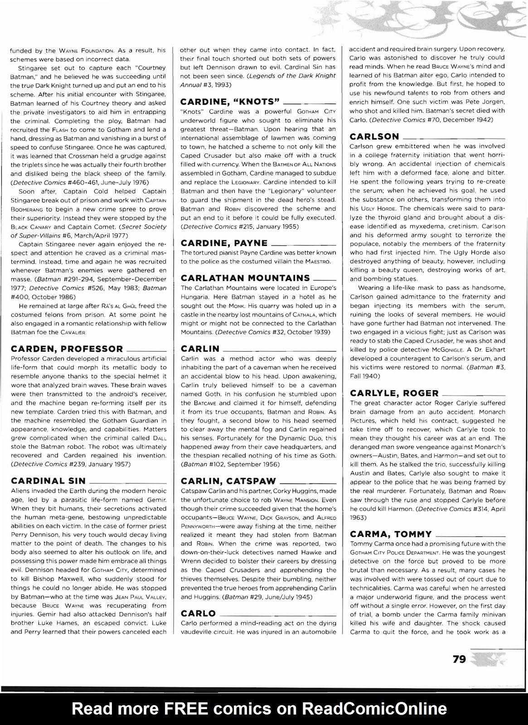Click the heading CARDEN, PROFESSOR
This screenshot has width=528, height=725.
click(67, 349)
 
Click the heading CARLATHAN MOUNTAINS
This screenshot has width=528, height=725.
click(245, 278)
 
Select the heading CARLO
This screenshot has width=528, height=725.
click(198, 613)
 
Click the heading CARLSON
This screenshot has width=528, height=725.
click(374, 136)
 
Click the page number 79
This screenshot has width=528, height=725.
click(459, 659)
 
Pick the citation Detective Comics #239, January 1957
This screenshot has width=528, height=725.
click(71, 464)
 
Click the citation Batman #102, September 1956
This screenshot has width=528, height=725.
click(230, 464)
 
